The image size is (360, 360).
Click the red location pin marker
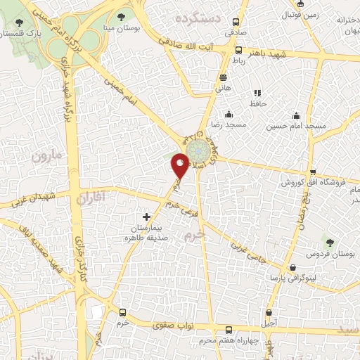click(180, 166)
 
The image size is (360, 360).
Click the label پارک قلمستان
click(21, 32)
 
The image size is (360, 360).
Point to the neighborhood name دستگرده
click(199, 17)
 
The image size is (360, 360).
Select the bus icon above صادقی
click(236, 22)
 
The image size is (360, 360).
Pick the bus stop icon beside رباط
click(240, 51)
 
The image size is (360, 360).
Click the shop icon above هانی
click(223, 77)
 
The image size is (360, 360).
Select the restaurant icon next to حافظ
click(257, 92)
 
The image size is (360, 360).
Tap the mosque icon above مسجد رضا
click(228, 115)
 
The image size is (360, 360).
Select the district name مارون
click(48, 154)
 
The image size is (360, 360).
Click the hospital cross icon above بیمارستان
click(146, 217)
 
